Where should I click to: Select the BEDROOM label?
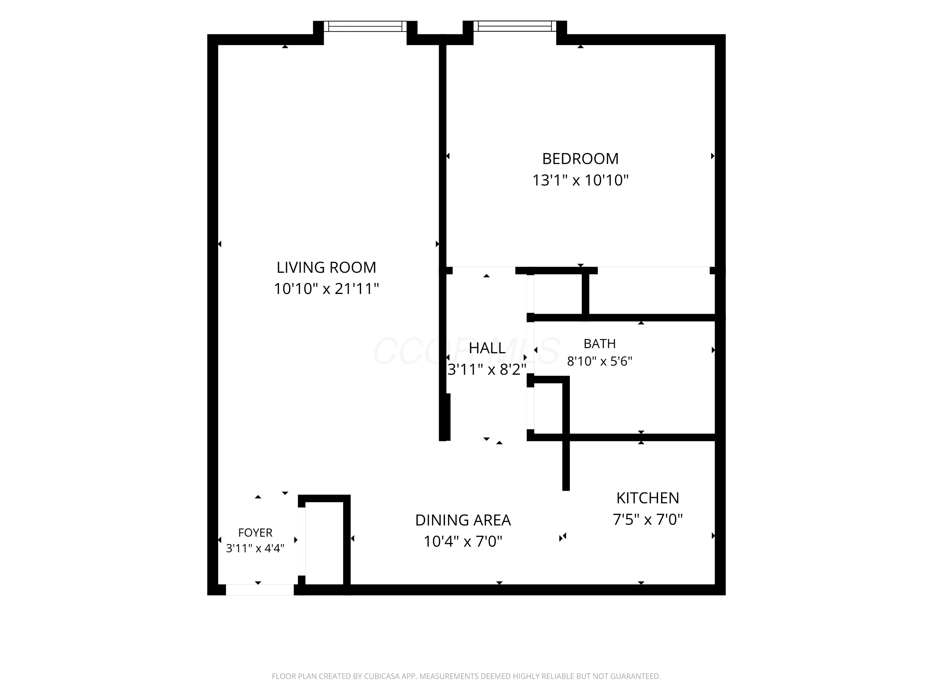coord(580,159)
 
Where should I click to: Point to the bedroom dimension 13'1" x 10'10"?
coord(580,180)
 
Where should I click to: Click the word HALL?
coord(487,348)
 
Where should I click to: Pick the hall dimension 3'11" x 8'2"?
coord(487,370)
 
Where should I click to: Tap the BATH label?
coord(599,344)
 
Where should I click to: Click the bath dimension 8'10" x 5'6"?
coord(599,362)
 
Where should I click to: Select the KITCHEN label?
coord(648,498)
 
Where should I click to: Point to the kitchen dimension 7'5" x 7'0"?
coord(648,520)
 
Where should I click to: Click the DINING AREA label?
coord(463,520)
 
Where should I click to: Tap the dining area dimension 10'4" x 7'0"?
coord(463,541)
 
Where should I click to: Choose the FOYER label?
coord(255,533)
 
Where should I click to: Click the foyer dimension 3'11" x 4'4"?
coord(255,548)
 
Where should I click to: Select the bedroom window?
coord(515,26)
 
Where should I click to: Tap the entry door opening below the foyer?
coord(260,590)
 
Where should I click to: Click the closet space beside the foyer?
coord(324,544)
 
